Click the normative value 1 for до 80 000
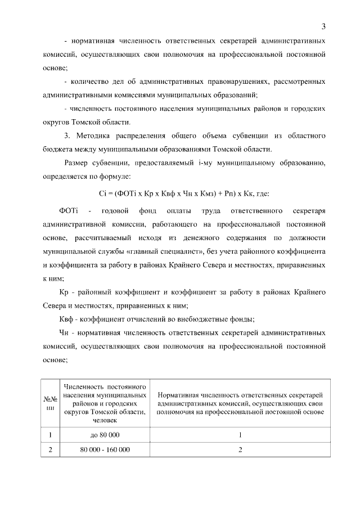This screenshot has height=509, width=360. [x=240, y=435]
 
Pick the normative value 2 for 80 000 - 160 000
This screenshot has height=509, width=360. [x=240, y=450]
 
